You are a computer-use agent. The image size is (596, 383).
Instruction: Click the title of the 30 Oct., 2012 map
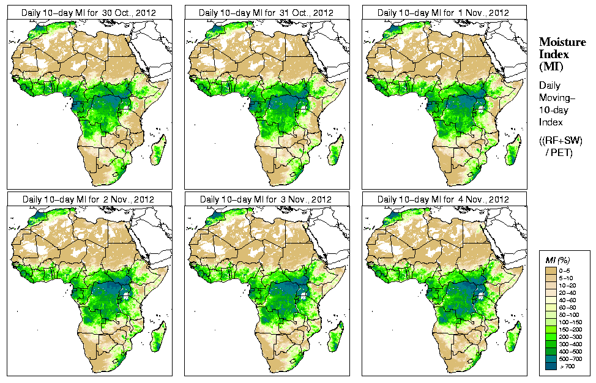88,12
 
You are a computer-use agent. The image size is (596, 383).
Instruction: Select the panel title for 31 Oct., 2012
266,12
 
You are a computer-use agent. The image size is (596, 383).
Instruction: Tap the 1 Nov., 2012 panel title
443,12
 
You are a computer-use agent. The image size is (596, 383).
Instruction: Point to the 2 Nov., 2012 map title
88,199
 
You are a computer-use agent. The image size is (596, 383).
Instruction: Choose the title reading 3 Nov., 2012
266,199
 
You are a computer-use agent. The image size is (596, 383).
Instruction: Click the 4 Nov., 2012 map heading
443,199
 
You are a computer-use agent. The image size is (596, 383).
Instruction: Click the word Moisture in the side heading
562,42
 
